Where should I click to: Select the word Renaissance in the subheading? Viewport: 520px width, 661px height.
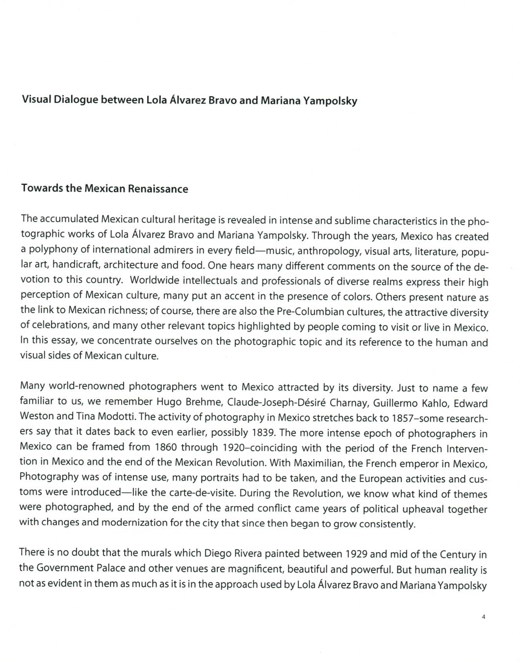157,189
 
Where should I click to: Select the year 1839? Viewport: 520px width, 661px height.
266,432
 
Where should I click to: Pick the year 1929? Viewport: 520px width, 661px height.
356,554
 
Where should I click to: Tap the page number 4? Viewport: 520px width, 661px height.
483,617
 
